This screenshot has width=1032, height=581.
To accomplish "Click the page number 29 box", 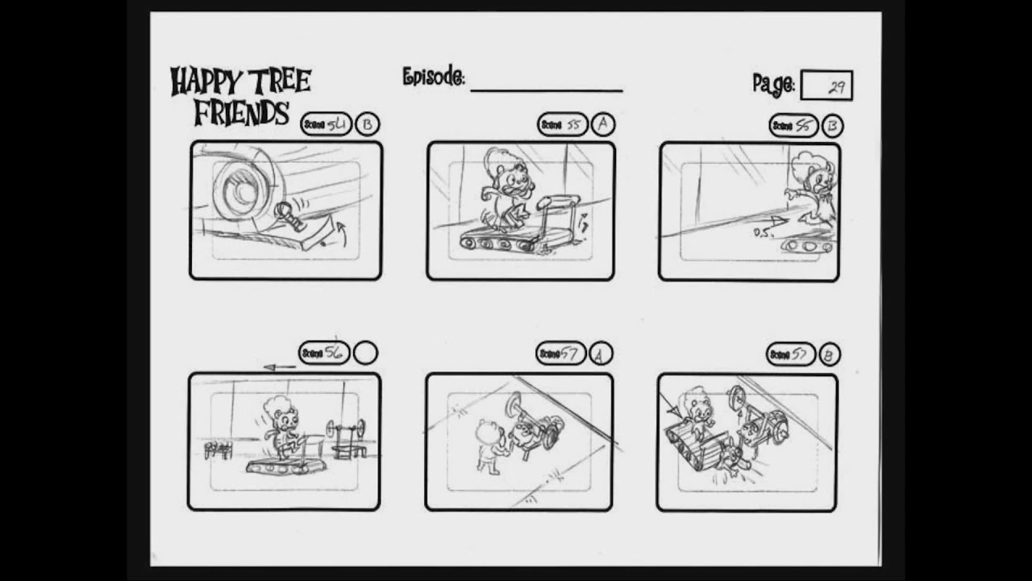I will point(826,86).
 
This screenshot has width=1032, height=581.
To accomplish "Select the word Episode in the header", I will point(433,77).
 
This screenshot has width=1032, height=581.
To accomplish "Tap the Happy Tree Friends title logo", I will point(240,96).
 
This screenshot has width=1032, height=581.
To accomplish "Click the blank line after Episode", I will point(546,89).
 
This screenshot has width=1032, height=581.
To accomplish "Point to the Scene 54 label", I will point(326,124).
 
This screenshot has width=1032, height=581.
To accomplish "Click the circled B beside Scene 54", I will point(367,124).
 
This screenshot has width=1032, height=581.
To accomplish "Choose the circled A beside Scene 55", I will point(602,124).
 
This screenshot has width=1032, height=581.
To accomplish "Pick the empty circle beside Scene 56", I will point(365,353).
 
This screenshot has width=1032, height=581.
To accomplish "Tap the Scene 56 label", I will point(324,353).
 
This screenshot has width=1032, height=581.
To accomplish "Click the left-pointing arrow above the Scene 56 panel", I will point(279,367).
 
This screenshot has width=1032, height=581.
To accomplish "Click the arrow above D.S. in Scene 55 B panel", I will point(775,219).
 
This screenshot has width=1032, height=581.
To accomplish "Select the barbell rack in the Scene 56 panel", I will point(347,437).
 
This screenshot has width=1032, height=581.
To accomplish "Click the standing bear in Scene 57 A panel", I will point(489,444).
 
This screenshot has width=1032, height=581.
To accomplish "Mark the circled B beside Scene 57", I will point(828,354).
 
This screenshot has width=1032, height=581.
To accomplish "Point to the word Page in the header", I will point(773,84).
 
